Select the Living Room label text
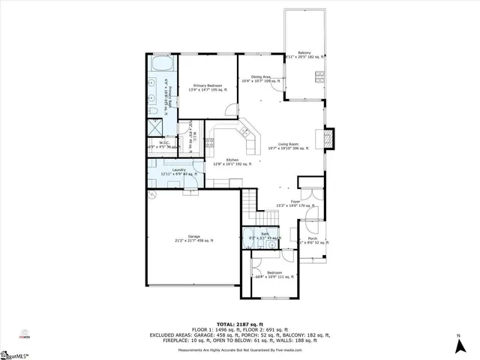[x=289, y=147]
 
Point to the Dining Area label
[x=262, y=78]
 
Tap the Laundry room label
[x=178, y=172]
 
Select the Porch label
[x=312, y=241]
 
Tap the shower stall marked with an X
[x=153, y=125]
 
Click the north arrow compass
[x=457, y=344]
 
